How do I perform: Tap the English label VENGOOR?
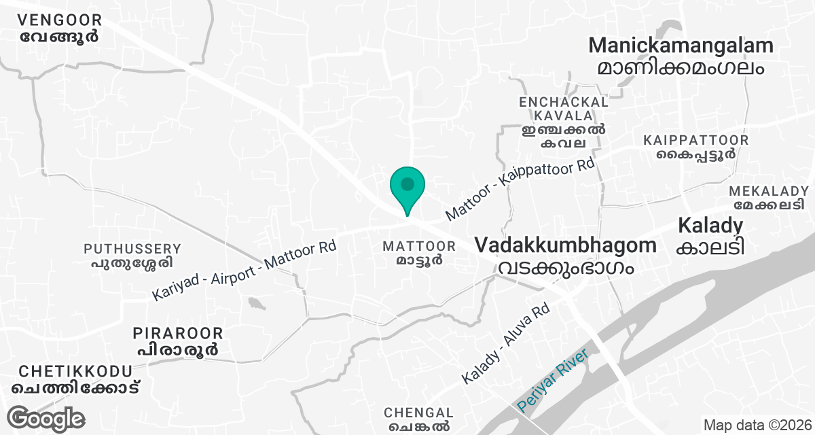coord(60,20)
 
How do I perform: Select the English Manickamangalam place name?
coord(681,46)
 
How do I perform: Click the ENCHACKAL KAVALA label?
coord(563,109)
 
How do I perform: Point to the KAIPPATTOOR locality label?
coord(696,140)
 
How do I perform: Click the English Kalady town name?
coord(710,225)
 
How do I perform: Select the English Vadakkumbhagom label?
coord(566,245)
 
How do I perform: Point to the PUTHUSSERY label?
coord(132,249)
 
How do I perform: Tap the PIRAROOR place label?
coord(178,333)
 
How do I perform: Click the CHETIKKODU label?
coord(75,371)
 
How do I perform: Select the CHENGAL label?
coord(418,413)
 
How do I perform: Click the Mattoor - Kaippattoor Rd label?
coord(520,190)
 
